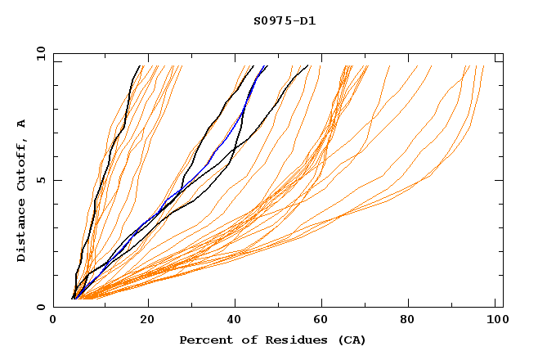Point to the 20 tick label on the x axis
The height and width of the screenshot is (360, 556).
coord(148,320)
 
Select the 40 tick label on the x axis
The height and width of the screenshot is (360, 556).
coord(236,320)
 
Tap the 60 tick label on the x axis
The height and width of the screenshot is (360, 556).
coord(325,320)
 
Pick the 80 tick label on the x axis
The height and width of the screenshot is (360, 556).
coord(413,320)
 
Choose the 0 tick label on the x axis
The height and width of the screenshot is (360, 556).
coord(54,320)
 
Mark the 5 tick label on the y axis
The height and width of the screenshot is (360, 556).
coord(39,180)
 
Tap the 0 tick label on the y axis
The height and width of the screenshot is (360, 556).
coord(39,307)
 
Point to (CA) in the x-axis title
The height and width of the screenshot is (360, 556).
coord(350,340)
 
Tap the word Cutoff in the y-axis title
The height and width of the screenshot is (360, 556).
coord(22,164)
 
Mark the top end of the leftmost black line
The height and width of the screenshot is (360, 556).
coord(139,66)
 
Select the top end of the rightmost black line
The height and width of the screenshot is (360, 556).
coord(307,66)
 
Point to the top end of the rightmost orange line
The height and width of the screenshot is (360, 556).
coord(484,66)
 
